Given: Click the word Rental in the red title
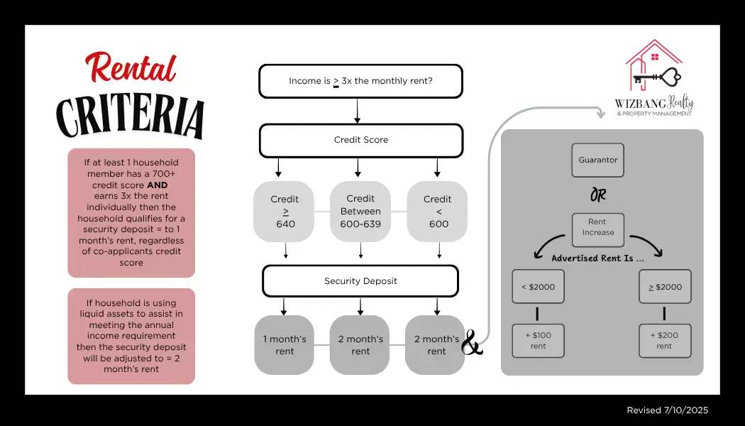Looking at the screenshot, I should click(131, 70).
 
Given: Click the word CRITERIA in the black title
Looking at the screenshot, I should click(131, 116).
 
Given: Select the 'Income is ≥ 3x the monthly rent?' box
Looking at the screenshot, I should click(360, 81).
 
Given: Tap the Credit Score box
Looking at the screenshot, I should click(360, 140).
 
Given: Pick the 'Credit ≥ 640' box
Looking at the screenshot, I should click(285, 212).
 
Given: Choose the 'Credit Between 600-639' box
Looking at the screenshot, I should click(360, 212).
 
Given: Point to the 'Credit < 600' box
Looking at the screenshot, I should click(438, 212).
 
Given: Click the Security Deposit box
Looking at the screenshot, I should click(360, 281).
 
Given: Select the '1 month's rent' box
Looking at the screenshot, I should click(285, 345).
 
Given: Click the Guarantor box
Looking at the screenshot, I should click(598, 160).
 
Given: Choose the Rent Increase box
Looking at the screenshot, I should click(598, 227).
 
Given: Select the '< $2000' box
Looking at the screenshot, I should click(538, 287).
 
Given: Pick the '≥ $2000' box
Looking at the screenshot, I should click(664, 287).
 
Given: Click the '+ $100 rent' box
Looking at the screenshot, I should click(538, 341).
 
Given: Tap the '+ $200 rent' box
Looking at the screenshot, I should click(664, 341).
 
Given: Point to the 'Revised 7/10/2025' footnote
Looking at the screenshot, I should click(667, 410).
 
